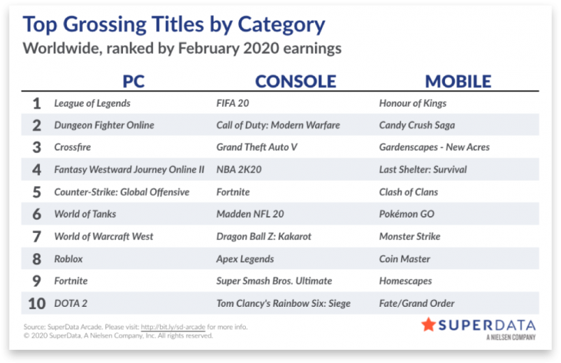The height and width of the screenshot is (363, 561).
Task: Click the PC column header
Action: (134, 82)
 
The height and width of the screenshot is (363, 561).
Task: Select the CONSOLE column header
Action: (296, 82)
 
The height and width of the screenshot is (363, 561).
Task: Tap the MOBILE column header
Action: (458, 82)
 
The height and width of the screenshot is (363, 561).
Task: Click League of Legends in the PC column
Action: (92, 104)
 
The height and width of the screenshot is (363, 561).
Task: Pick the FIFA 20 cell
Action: (233, 103)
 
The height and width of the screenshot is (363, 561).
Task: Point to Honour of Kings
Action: (413, 104)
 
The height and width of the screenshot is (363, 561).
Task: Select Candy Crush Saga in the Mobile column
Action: (417, 125)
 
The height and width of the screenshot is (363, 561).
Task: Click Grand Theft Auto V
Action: (257, 147)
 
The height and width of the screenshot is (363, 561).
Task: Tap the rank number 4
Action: (36, 170)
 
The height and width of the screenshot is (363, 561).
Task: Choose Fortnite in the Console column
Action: (233, 191)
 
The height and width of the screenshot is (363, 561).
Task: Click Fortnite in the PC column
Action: (71, 281)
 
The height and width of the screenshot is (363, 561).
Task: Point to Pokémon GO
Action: (407, 214)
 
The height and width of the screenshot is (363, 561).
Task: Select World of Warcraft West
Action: (104, 236)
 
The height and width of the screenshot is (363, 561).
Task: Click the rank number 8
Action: (36, 259)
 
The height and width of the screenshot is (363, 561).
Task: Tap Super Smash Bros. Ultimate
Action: (274, 281)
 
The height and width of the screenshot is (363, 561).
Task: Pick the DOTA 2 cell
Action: (71, 303)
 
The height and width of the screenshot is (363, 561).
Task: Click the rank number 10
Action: (37, 304)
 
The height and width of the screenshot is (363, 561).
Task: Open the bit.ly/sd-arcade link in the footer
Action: (173, 327)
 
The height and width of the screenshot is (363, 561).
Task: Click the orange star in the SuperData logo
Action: (428, 325)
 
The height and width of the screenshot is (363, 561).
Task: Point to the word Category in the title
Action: (281, 25)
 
